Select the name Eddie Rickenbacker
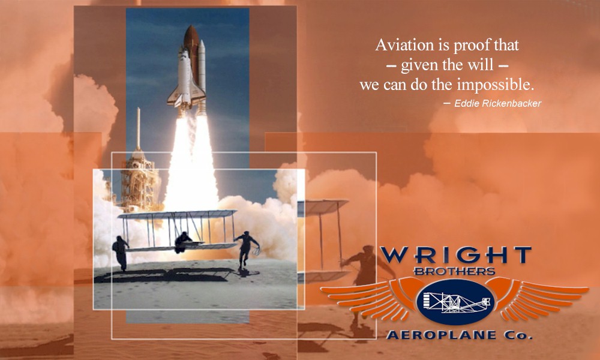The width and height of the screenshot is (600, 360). tap(498, 103)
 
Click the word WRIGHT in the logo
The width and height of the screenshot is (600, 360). tap(456, 255)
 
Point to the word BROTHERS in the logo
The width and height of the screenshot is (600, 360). tap(455, 271)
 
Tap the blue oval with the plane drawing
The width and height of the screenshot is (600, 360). tap(455, 301)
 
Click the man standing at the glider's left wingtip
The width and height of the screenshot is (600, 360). tap(121, 253)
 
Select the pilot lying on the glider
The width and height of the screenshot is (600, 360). tap(183, 242)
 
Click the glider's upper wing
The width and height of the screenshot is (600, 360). tap(178, 214)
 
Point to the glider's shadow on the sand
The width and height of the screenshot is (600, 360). tap(164, 275)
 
